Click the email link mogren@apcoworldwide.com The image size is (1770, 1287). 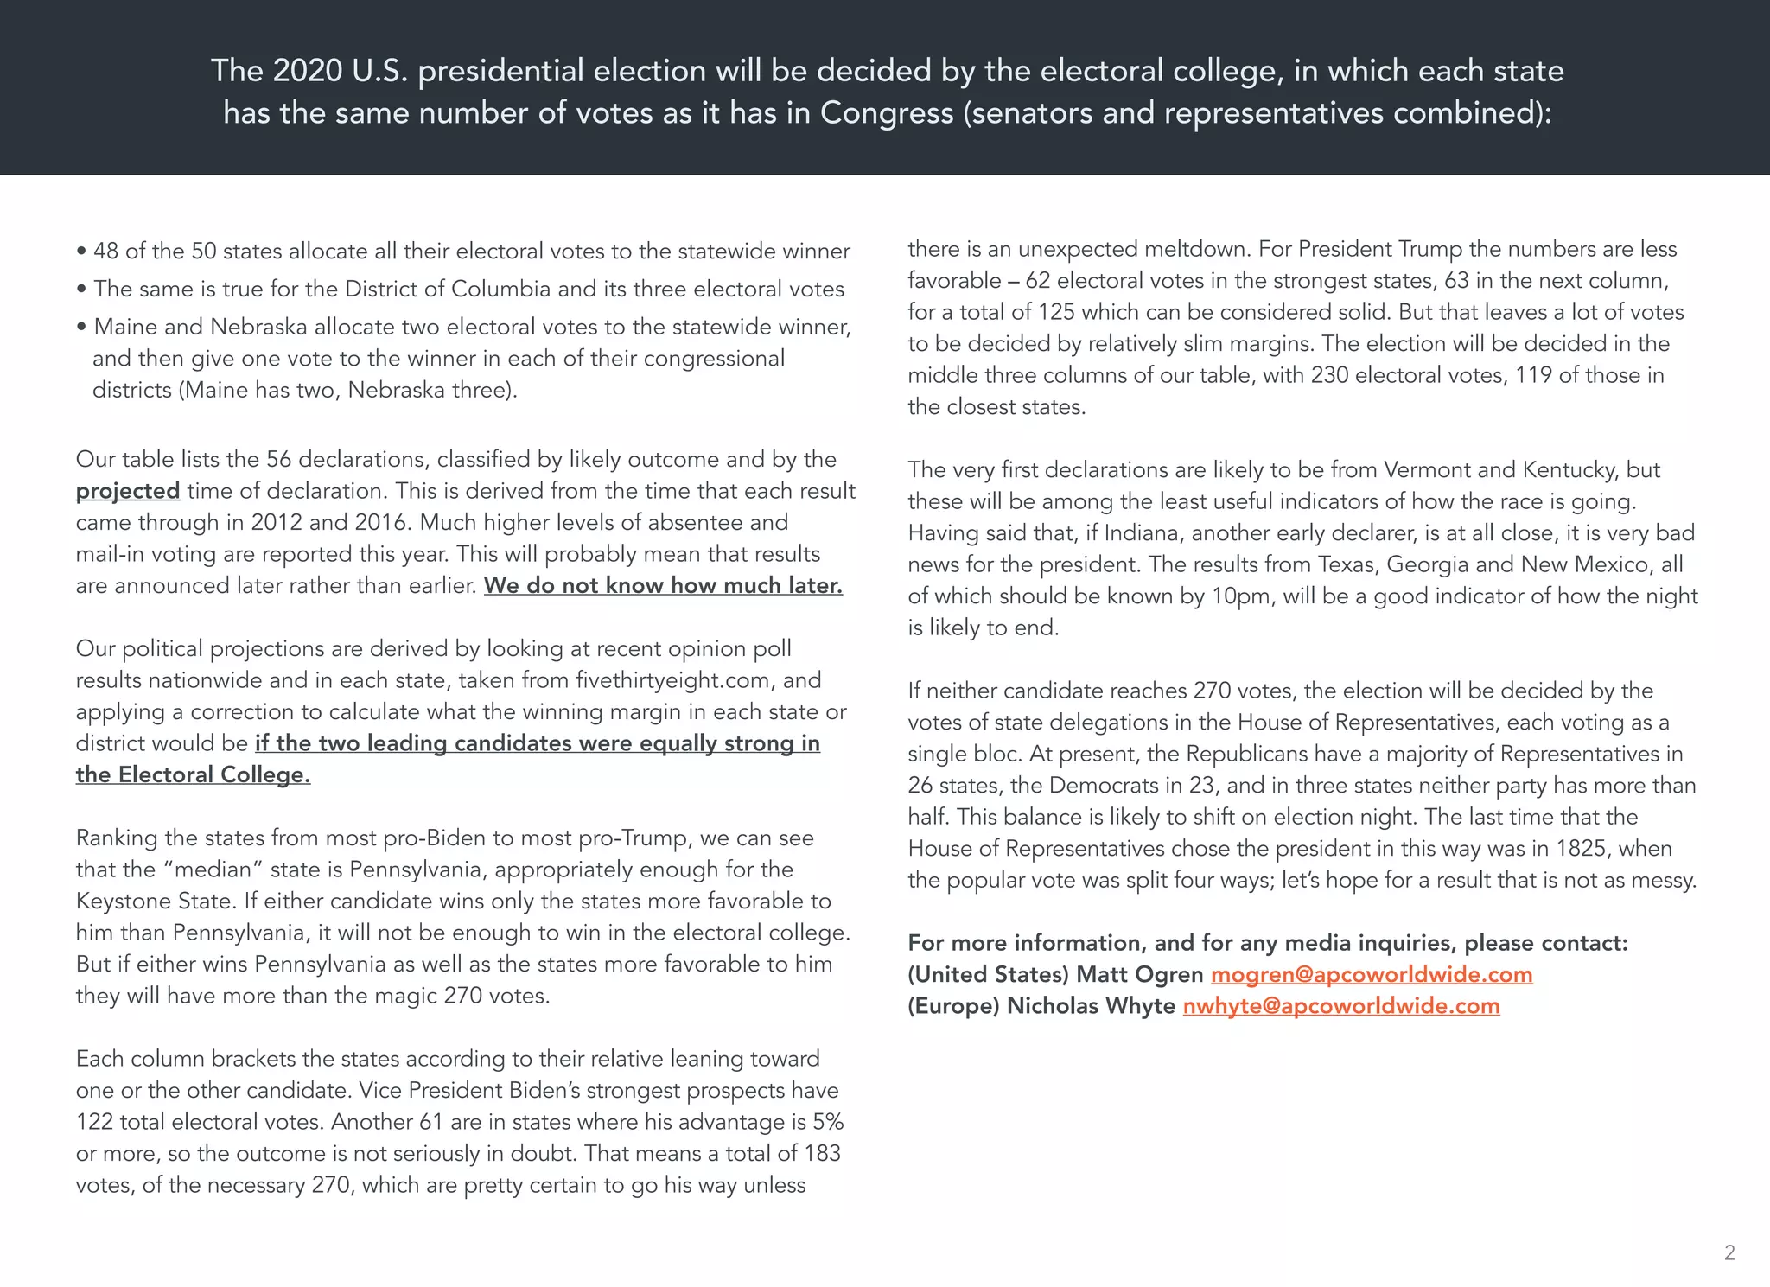pos(1372,974)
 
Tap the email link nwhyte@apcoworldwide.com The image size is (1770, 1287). pos(1341,1006)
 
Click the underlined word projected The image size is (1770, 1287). pos(128,491)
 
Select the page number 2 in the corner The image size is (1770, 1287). pos(1729,1252)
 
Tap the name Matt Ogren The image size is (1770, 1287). pos(1140,974)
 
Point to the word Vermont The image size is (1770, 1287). pos(1429,470)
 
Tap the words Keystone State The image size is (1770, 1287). pos(156,902)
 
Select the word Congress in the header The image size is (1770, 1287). pos(887,113)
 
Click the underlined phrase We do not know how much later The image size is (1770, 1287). pos(663,586)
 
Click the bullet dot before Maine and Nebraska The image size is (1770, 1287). pos(81,328)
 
